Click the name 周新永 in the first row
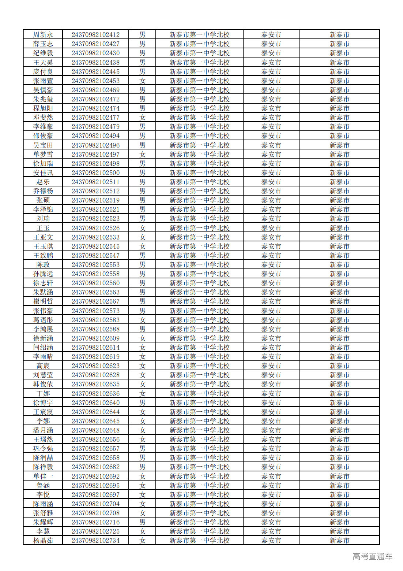pos(43,35)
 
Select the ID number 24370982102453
pos(95,81)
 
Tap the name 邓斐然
pos(43,118)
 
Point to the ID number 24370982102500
pos(95,173)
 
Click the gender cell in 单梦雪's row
pos(142,155)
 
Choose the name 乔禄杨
pos(43,191)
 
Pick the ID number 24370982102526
pos(95,228)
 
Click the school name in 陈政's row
pos(199,265)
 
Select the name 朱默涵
pos(43,292)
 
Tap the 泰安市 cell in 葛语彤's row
pos(271,320)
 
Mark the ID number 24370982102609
pos(95,338)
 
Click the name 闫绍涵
pos(43,348)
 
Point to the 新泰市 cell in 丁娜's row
pos(339,394)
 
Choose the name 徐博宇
pos(43,403)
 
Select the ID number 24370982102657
pos(95,449)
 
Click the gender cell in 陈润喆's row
pos(142,458)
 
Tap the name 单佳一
pos(43,477)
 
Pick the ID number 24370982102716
pos(95,522)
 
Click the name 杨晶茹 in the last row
pos(43,541)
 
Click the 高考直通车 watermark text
pos(372,557)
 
